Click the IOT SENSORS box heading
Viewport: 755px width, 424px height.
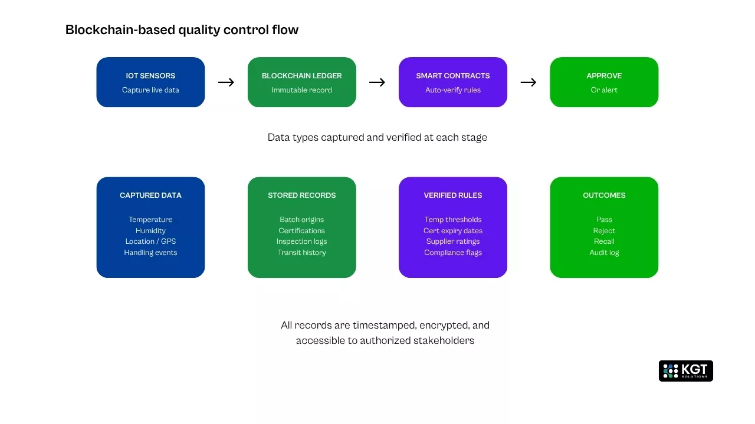tap(150, 75)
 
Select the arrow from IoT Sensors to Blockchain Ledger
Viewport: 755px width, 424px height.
tap(226, 82)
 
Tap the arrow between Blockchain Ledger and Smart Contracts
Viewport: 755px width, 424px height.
tap(377, 82)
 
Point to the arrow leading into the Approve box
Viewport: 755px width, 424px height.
tap(528, 82)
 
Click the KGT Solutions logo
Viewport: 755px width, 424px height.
tap(685, 371)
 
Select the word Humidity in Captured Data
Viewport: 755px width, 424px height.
tap(150, 231)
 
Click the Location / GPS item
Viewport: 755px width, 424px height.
tap(150, 241)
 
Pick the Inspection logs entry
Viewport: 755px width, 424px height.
tap(301, 241)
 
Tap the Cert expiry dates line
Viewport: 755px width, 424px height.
tap(452, 231)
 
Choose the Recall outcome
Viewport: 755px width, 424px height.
tap(604, 241)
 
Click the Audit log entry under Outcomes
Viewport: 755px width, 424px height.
tap(604, 253)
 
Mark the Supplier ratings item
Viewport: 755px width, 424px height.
tap(452, 241)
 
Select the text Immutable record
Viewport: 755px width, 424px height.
tap(301, 90)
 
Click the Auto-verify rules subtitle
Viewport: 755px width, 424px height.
tap(452, 90)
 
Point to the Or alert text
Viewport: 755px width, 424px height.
tap(604, 90)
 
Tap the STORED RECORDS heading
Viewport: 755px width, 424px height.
tap(301, 196)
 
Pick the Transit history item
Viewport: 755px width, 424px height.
tap(301, 253)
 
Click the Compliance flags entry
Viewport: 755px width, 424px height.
tap(452, 253)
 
